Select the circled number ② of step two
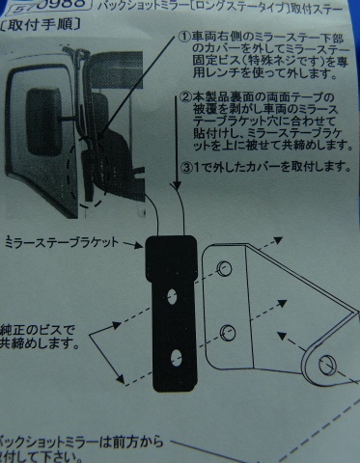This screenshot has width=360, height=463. [185, 97]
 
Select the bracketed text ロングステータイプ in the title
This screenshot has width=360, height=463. [233, 6]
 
